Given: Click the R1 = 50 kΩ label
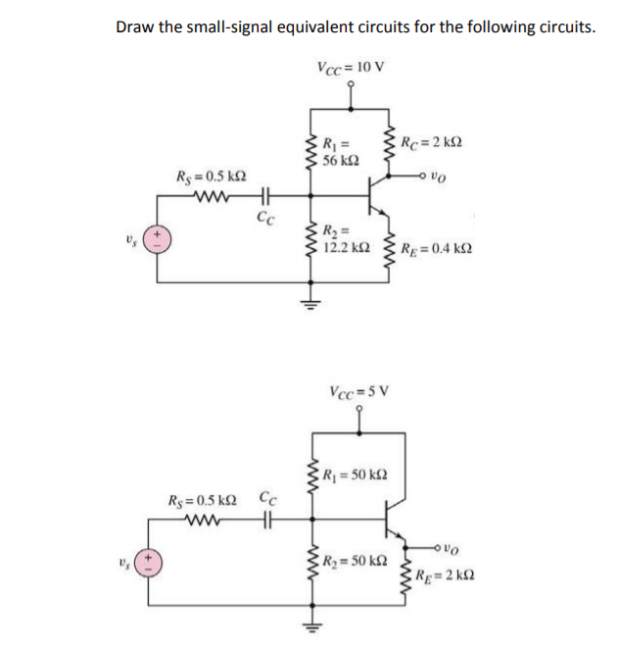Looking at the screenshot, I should pos(355,475).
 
